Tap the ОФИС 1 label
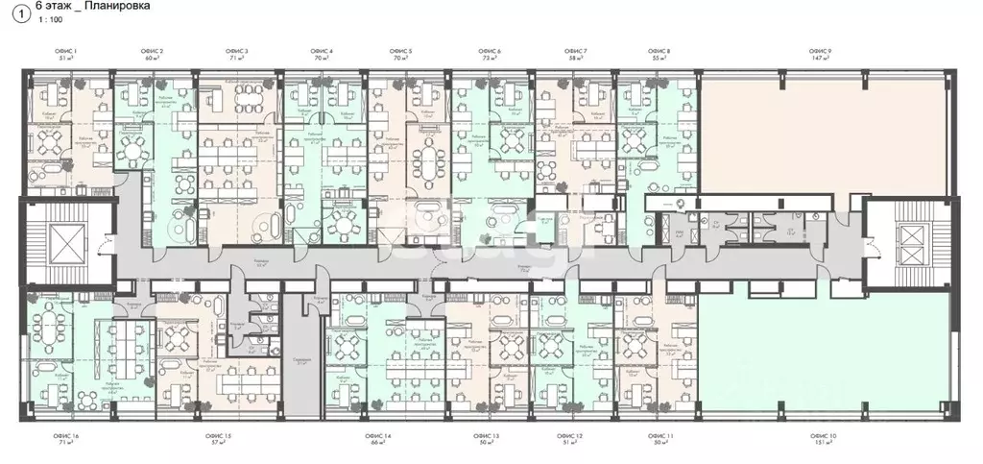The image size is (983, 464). coord(67,50)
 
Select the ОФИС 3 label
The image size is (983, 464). coord(237,50)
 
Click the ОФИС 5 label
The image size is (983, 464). coord(401,50)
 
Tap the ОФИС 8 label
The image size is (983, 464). coord(659,50)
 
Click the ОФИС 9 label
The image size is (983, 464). coord(820,50)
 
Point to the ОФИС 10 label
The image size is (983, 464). coord(821,436)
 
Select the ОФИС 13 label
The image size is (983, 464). coord(490,436)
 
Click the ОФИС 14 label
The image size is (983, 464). coord(376,436)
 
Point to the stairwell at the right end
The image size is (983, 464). coord(908,243)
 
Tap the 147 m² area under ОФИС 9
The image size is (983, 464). coord(820,59)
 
